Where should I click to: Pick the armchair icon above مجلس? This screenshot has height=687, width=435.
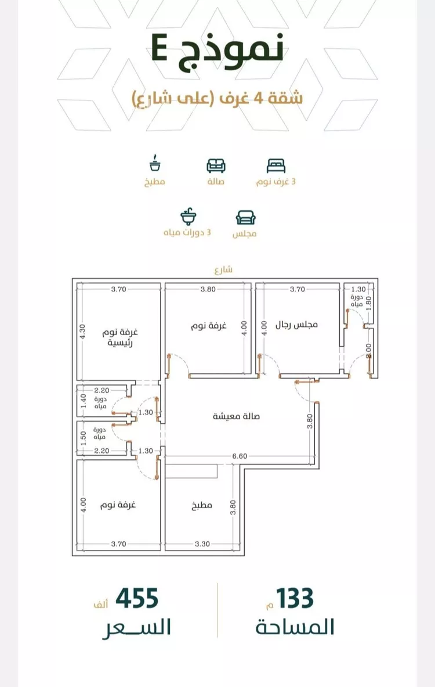click(x=245, y=217)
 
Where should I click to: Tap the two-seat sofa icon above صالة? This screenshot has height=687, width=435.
click(x=216, y=166)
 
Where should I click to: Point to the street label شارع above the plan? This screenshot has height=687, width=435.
click(x=223, y=270)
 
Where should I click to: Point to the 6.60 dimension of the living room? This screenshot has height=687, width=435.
click(x=240, y=456)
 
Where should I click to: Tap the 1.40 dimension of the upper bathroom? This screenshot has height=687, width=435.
click(x=82, y=401)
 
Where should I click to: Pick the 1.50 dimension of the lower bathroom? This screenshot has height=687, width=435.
click(x=82, y=437)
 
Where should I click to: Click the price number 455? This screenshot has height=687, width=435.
click(x=137, y=599)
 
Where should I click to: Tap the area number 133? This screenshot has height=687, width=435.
click(x=295, y=598)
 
